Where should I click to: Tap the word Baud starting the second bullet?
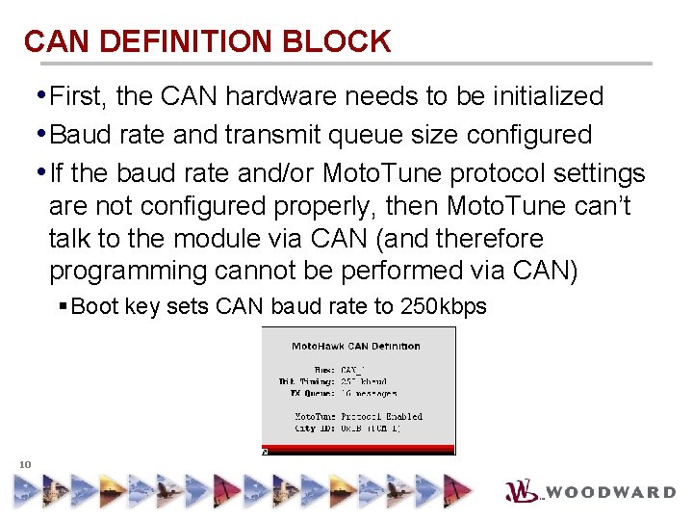(80, 134)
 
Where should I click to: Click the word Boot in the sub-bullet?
(94, 307)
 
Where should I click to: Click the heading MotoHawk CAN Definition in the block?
(356, 346)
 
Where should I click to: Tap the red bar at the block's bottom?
(359, 449)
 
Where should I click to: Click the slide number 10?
(25, 465)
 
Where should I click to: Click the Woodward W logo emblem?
(523, 490)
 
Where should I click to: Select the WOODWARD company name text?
(612, 492)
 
